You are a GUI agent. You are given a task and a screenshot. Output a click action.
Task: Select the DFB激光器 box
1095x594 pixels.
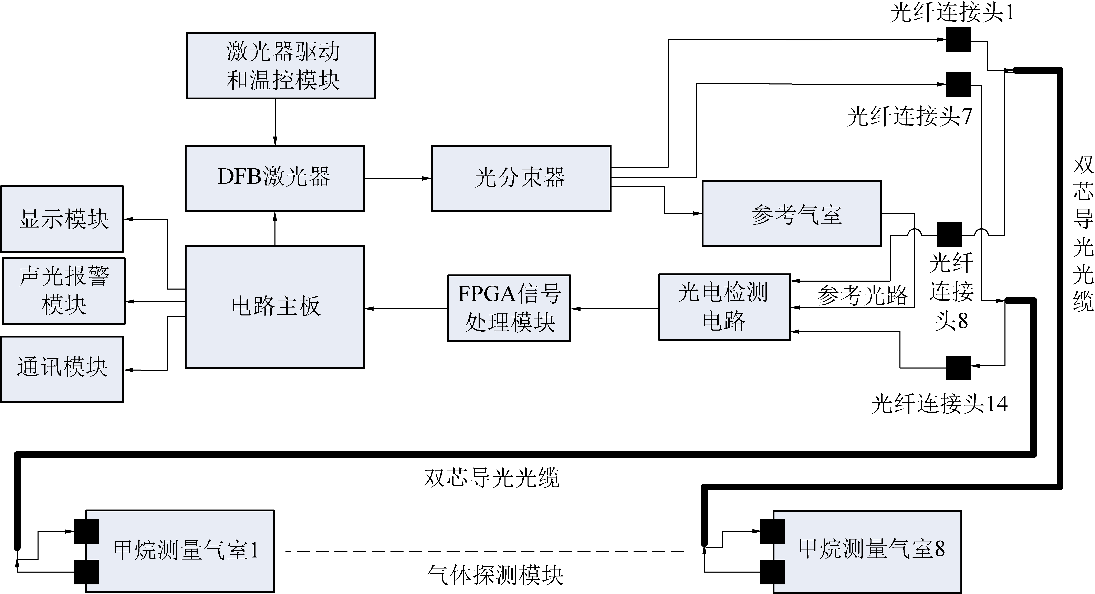coord(275,178)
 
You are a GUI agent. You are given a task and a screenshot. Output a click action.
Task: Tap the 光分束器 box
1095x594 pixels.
coord(521,178)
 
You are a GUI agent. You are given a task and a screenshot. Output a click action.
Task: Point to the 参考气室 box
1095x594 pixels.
coord(792,214)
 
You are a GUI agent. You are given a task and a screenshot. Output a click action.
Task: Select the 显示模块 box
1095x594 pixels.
coord(62,219)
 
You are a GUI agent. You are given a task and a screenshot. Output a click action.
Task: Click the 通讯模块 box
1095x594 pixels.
coord(62,369)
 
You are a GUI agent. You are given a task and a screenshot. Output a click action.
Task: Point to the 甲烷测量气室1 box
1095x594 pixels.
coord(180,551)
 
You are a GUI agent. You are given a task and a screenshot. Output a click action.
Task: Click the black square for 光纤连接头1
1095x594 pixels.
coord(958,40)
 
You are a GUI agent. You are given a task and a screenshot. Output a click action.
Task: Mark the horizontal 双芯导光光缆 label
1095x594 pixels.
coord(491,478)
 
